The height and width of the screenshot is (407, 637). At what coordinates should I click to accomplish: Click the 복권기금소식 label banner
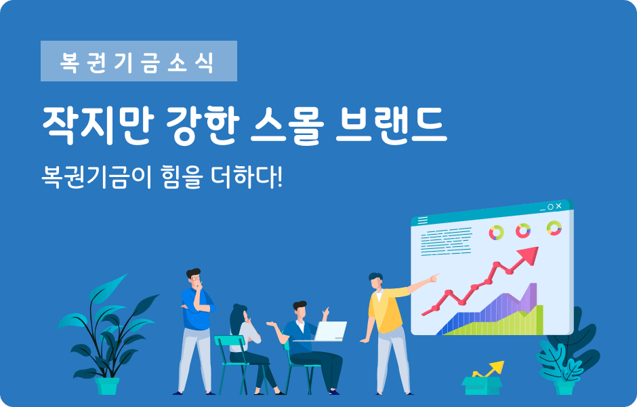pyautogui.click(x=138, y=62)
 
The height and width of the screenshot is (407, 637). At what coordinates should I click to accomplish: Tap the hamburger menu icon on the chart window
pyautogui.click(x=422, y=220)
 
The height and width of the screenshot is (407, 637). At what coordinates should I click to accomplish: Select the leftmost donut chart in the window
pyautogui.click(x=497, y=233)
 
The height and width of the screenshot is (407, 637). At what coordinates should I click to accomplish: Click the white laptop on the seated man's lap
pyautogui.click(x=330, y=331)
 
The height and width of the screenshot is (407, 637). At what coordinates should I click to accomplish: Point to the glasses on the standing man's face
pyautogui.click(x=195, y=278)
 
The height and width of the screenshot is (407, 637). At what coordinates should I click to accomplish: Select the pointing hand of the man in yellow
pyautogui.click(x=432, y=277)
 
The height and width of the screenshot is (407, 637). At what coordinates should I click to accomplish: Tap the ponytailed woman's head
pyautogui.click(x=240, y=315)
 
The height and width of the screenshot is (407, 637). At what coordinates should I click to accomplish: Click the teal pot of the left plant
pyautogui.click(x=107, y=385)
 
